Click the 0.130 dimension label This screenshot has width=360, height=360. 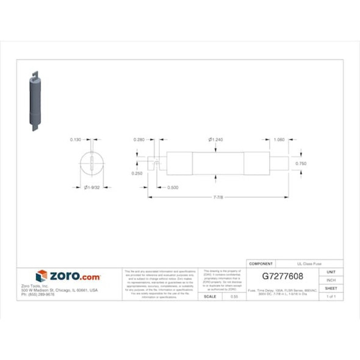[x=76, y=140]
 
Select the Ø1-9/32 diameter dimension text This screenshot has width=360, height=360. [x=92, y=187]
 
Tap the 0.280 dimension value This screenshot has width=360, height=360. [x=139, y=140]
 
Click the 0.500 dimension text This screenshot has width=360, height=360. [x=173, y=187]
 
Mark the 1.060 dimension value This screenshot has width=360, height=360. [x=279, y=140]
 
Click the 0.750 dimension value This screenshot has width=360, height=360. [x=301, y=164]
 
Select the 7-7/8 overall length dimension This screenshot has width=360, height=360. [x=218, y=198]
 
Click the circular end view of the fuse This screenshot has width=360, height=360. [x=92, y=164]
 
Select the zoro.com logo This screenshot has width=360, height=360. [x=68, y=276]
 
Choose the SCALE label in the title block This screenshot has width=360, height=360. [x=209, y=296]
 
